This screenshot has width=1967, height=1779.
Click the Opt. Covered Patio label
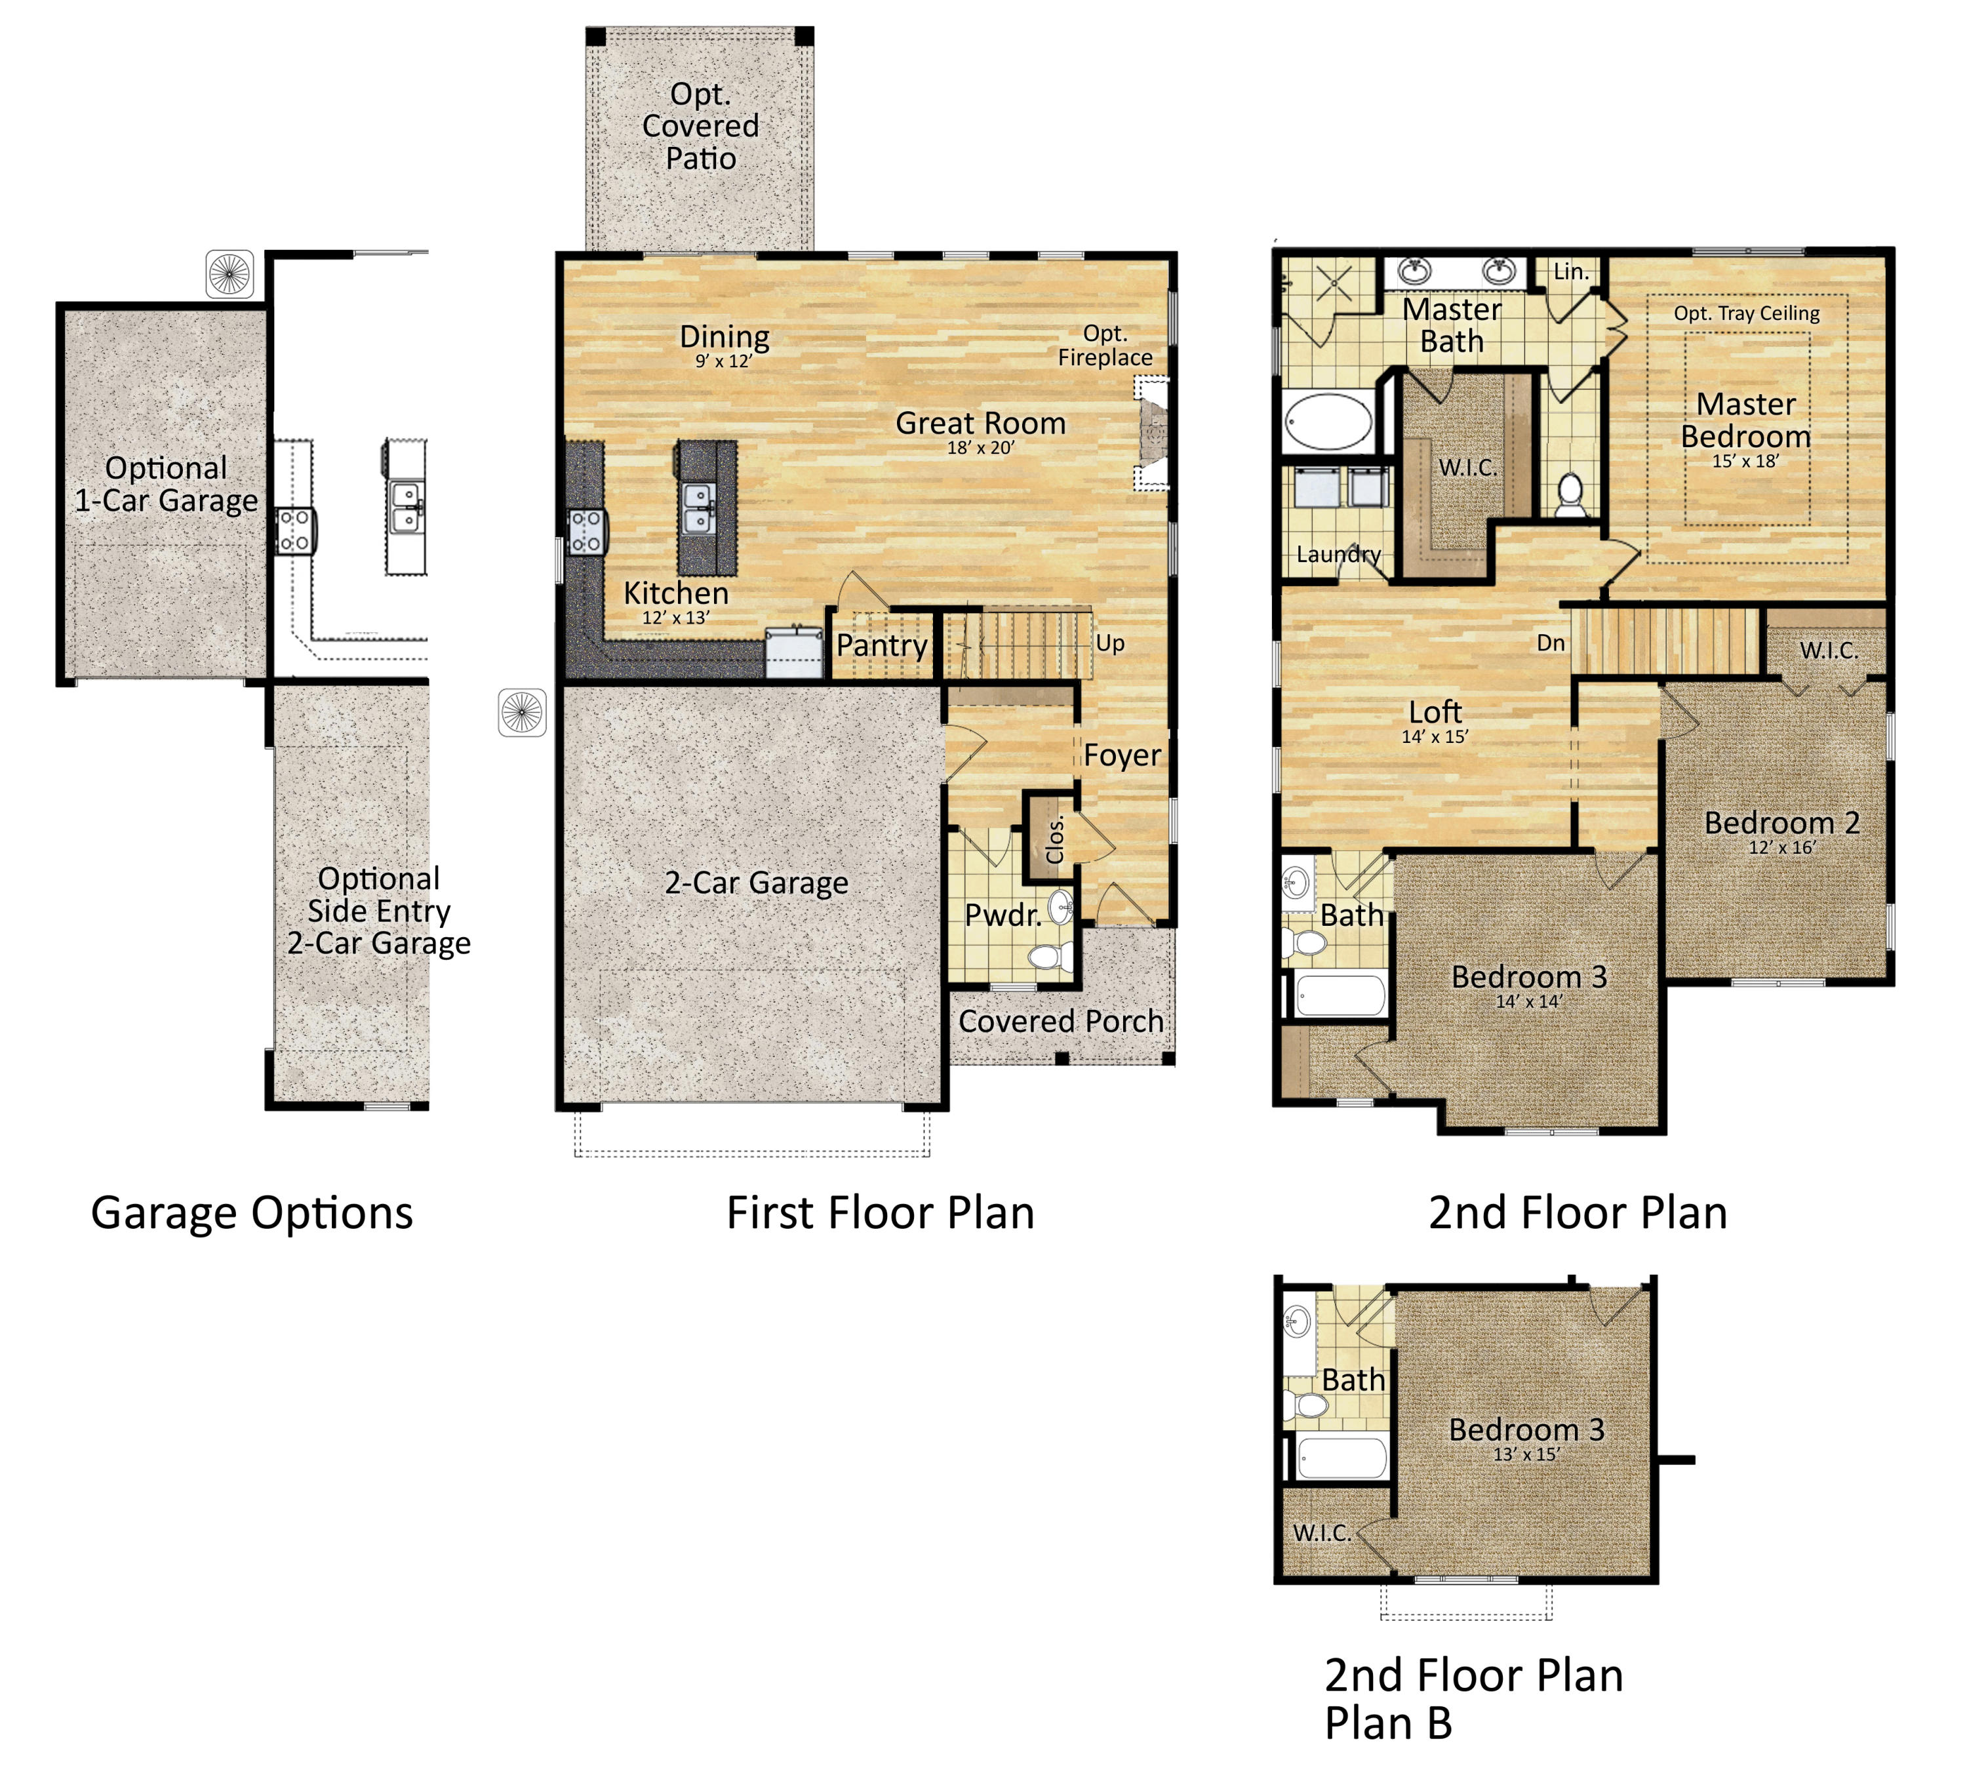pos(700,126)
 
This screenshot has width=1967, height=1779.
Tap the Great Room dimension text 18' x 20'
pos(981,448)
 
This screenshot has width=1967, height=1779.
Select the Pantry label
pos(882,646)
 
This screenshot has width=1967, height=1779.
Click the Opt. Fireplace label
pos(1105,346)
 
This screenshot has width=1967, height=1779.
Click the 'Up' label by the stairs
pos(1110,644)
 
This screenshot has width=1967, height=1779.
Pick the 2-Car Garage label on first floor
pos(756,883)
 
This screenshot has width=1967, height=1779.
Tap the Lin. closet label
pos(1571,271)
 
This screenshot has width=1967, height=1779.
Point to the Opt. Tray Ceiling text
pos(1747,313)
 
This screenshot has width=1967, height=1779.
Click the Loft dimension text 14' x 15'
pos(1435,737)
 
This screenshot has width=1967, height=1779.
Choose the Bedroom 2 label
pos(1781,823)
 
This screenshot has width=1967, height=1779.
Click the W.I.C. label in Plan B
pos(1322,1533)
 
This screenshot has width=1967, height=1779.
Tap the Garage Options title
pos(252,1214)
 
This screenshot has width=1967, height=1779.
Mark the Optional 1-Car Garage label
pos(167,484)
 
